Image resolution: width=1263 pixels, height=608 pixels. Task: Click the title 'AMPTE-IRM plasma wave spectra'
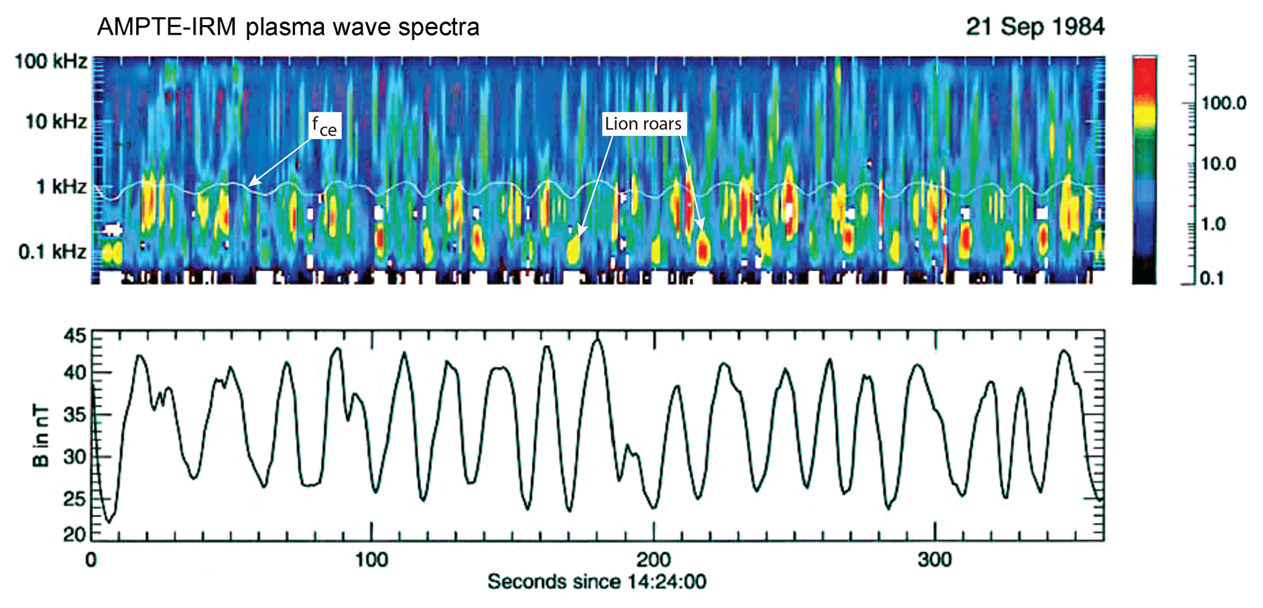tap(288, 27)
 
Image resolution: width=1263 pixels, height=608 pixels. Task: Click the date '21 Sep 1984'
tap(1035, 27)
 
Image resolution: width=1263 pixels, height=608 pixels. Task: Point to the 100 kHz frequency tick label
tap(51, 61)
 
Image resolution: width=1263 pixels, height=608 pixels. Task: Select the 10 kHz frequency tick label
tap(56, 122)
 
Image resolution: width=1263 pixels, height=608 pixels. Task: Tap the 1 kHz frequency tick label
tap(61, 186)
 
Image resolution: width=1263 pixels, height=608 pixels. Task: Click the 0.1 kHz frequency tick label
tap(53, 251)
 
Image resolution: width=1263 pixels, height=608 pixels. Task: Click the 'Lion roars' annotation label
tap(643, 124)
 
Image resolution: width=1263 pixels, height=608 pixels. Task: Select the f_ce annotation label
tap(324, 126)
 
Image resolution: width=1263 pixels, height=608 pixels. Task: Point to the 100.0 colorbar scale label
tap(1224, 103)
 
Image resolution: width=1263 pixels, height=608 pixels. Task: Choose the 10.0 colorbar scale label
tap(1219, 164)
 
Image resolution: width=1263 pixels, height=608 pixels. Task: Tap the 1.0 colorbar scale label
tap(1214, 224)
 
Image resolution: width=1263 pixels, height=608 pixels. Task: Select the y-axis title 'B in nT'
tap(40, 436)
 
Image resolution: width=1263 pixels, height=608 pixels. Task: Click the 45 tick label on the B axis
tap(76, 335)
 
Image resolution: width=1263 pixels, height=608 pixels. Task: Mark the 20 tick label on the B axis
tap(76, 534)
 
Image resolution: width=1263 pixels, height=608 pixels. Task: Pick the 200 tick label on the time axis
tap(654, 559)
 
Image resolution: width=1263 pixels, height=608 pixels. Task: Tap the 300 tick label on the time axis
tap(935, 559)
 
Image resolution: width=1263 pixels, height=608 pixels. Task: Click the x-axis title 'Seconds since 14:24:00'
tap(596, 581)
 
